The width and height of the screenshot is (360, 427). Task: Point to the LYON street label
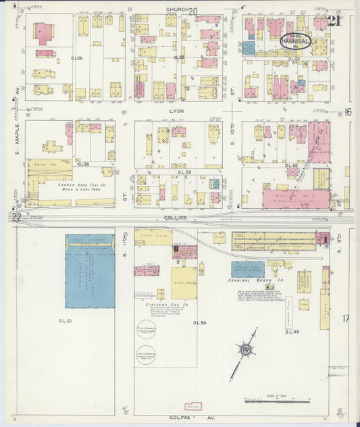point(177,109)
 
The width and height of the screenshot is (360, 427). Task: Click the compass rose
point(243,349)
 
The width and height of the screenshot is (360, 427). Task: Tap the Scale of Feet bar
point(276,401)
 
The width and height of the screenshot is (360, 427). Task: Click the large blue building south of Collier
point(90,271)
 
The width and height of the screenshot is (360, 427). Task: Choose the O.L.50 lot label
point(199,323)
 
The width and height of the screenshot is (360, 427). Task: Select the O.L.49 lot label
point(291,331)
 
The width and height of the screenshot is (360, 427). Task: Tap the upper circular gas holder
point(147,330)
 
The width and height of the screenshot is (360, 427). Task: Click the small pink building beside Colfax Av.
point(193,407)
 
